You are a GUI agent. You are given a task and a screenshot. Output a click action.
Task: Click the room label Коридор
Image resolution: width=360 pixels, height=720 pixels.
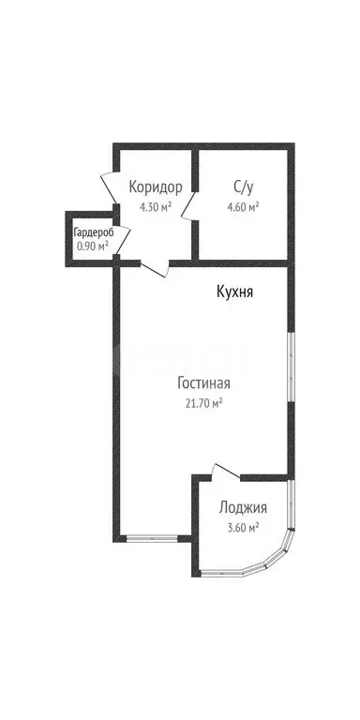coord(155,186)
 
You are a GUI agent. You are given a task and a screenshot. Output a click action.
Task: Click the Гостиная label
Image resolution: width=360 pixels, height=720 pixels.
coord(203,382)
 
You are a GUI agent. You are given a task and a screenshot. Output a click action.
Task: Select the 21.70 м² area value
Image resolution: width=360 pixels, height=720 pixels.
coord(202,403)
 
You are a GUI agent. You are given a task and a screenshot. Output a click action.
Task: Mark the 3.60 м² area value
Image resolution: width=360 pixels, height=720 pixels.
coord(243,529)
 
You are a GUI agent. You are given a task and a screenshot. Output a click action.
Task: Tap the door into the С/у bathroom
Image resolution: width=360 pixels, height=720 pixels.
coord(189,202)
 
